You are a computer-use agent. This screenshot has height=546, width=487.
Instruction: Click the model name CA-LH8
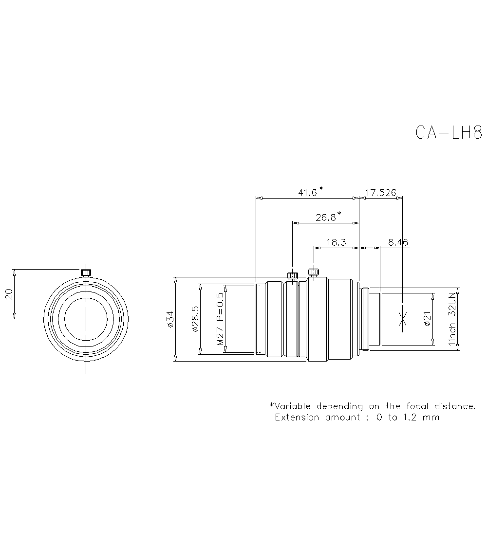449,132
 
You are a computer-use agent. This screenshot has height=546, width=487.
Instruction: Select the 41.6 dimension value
308,193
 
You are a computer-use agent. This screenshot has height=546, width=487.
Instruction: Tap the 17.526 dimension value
380,193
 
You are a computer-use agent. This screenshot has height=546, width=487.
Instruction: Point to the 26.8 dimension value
326,218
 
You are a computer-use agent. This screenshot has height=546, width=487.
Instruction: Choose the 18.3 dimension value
336,242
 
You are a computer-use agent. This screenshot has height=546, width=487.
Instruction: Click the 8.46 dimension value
398,242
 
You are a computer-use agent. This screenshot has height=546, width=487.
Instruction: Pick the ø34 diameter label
169,319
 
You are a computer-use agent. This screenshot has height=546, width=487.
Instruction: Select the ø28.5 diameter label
195,319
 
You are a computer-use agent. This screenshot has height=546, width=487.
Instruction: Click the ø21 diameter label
427,319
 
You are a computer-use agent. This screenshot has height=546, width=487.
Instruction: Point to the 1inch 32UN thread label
452,319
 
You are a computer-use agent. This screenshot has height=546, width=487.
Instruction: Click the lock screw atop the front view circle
86,272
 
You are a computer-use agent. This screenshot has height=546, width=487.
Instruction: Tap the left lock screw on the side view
292,276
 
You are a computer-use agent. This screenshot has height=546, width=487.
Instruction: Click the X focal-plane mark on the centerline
402,319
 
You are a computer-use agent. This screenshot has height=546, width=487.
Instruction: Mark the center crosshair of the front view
86,319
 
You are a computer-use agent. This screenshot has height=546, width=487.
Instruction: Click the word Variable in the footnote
292,406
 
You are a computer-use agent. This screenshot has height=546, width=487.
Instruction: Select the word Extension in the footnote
297,417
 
